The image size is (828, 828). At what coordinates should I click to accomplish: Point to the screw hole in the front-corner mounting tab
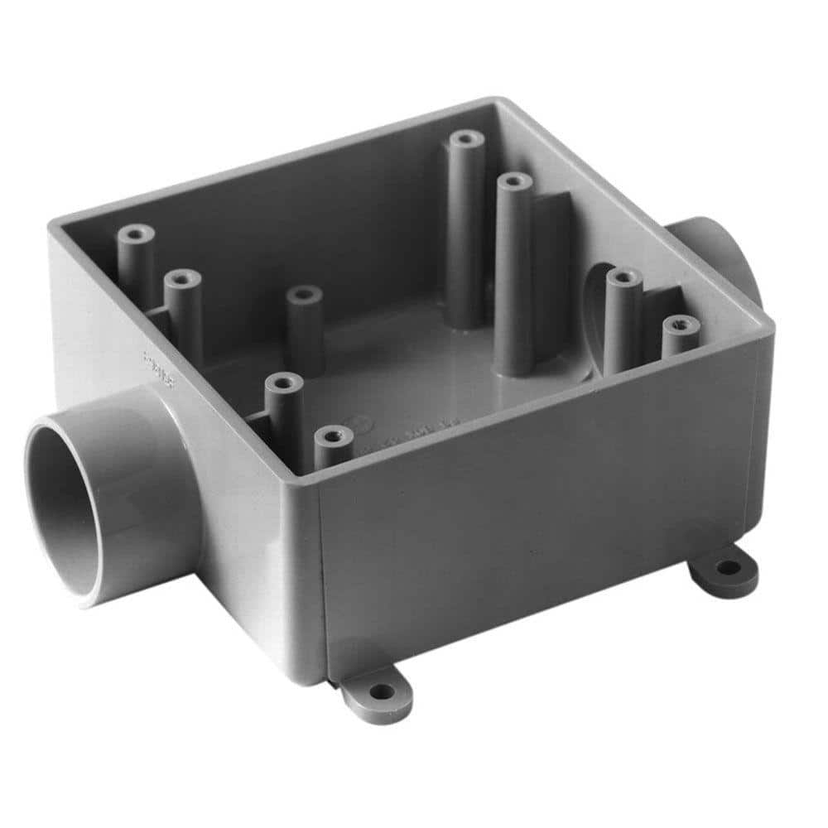tap(380, 691)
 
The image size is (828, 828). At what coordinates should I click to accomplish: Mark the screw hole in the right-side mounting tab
tap(728, 567)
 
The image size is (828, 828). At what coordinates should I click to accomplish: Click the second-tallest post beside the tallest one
tap(515, 181)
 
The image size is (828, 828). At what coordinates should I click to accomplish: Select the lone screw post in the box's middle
tap(304, 294)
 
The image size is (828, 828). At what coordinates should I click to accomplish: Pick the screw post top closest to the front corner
tap(334, 434)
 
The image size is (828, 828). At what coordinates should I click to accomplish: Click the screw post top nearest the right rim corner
tap(680, 325)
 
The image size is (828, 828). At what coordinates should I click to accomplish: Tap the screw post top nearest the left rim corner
tap(134, 233)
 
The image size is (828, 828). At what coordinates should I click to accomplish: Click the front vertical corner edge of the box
tap(320, 580)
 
